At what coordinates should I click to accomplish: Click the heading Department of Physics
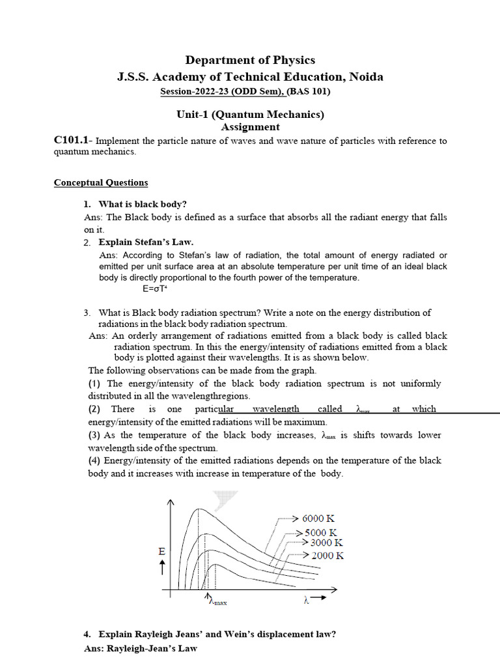click(250, 60)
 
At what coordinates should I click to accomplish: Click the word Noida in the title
click(366, 77)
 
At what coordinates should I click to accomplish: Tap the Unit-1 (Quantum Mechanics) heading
click(250, 114)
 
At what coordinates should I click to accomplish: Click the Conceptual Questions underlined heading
click(100, 182)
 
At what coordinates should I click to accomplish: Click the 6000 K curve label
click(319, 518)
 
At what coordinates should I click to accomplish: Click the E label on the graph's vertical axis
click(162, 552)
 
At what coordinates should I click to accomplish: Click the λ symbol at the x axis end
click(305, 600)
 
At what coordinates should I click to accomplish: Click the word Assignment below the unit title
click(250, 127)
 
